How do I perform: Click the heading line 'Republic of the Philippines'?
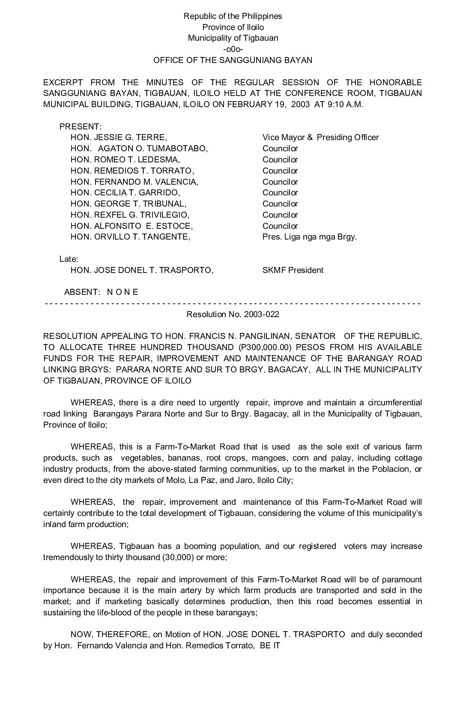pos(233,16)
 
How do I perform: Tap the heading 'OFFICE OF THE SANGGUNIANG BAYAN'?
pos(233,60)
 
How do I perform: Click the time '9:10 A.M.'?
pos(345,105)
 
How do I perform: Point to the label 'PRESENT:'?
pos(81,127)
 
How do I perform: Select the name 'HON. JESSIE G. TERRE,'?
pos(119,138)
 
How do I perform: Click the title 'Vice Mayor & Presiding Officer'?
pos(320,138)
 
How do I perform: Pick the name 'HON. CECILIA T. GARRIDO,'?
pos(125,193)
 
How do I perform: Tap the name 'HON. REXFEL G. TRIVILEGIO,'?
pos(130,215)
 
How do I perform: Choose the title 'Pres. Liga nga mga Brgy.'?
pos(309,237)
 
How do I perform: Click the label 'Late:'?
pos(69,259)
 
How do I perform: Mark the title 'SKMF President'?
pos(293,270)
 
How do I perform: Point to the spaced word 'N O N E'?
pos(122,292)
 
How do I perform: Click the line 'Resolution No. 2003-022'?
pos(233,315)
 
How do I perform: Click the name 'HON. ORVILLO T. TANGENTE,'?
pos(130,237)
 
